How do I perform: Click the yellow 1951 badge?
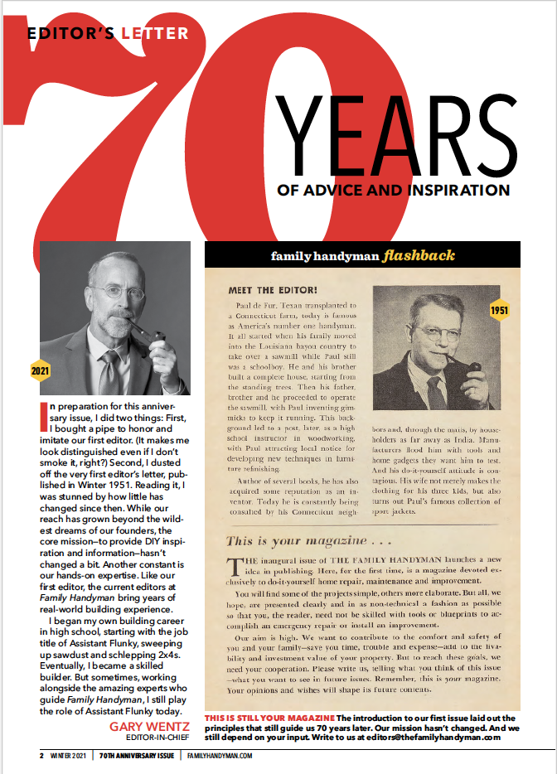click(500, 310)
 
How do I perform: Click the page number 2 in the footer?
click(41, 756)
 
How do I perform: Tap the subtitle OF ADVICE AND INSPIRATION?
click(394, 191)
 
